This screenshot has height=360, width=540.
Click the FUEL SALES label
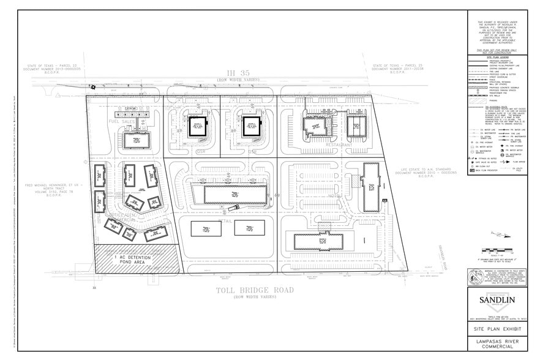(x=122, y=122)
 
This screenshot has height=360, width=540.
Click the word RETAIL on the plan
(x=227, y=220)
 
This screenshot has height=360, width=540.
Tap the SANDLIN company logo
(x=492, y=300)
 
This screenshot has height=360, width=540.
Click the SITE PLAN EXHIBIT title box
(x=492, y=328)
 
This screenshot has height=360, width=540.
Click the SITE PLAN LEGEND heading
(x=492, y=55)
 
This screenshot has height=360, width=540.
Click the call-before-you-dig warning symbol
(x=475, y=277)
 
